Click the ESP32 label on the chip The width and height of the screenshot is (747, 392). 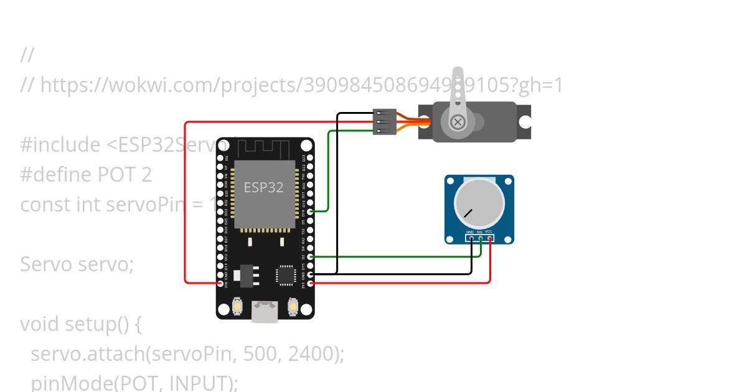coord(263,187)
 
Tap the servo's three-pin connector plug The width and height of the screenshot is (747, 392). coord(385,122)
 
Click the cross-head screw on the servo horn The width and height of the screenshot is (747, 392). coord(458,122)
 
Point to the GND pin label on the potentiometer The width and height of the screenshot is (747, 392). coord(471,232)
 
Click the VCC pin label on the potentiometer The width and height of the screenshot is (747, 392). coord(489,232)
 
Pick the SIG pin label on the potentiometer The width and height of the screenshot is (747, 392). coord(480,232)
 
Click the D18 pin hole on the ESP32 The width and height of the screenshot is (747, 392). coord(311,212)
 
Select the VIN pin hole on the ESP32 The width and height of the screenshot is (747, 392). coord(220,283)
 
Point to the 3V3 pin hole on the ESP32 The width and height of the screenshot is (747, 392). coord(311,283)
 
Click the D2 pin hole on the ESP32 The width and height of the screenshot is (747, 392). coord(311,256)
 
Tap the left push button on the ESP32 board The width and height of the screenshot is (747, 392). coord(237,306)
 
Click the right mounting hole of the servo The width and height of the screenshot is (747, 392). coord(525,122)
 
